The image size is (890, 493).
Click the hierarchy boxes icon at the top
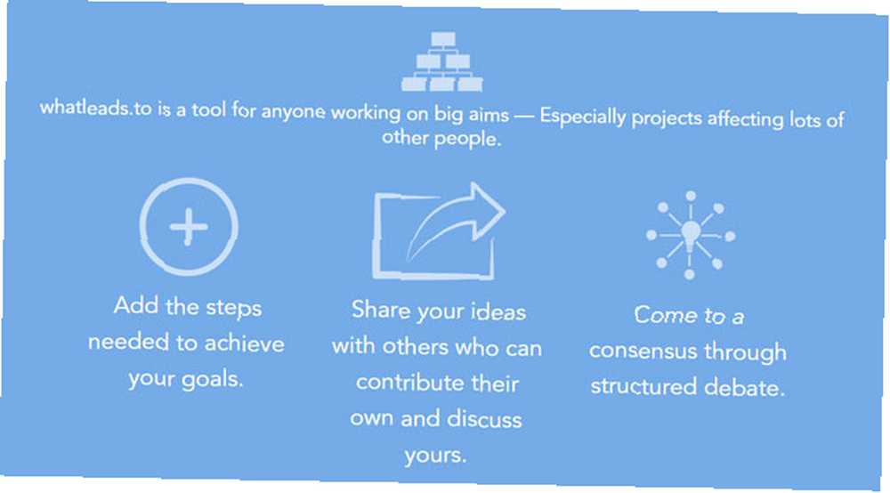[442, 61]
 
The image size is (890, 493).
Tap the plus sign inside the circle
[189, 227]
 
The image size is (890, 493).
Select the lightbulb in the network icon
[691, 235]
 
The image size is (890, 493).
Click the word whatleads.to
[96, 107]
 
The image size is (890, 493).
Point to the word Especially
[582, 117]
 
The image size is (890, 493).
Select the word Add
[135, 305]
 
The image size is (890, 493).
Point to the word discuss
[484, 419]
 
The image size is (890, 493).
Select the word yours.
[435, 456]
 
